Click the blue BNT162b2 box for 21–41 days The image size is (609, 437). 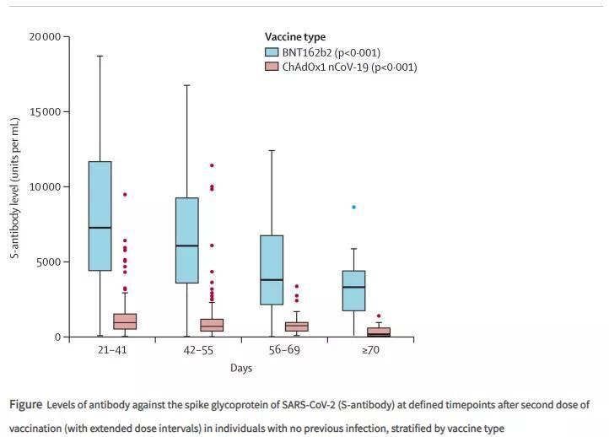(x=100, y=215)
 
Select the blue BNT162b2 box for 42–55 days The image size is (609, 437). (x=186, y=240)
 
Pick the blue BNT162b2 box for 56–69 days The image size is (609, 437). (x=272, y=270)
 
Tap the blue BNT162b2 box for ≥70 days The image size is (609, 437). (x=353, y=290)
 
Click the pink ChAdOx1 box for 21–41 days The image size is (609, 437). (x=125, y=321)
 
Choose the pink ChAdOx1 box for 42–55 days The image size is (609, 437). (x=212, y=325)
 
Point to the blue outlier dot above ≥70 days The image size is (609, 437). (x=353, y=207)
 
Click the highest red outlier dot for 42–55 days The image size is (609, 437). (x=212, y=165)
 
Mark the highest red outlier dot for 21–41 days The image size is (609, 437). (x=125, y=195)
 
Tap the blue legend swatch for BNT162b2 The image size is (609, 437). (x=272, y=52)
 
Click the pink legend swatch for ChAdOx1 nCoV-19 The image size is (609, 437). (x=272, y=67)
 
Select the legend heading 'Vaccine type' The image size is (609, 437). (x=294, y=37)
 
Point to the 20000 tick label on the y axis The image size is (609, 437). (x=45, y=37)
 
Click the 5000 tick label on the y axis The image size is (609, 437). (x=48, y=262)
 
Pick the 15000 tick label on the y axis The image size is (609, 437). (x=45, y=112)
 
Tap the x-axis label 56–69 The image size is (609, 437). (x=283, y=350)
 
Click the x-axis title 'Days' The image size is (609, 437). (x=241, y=369)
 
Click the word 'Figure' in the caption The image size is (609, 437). (x=26, y=405)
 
